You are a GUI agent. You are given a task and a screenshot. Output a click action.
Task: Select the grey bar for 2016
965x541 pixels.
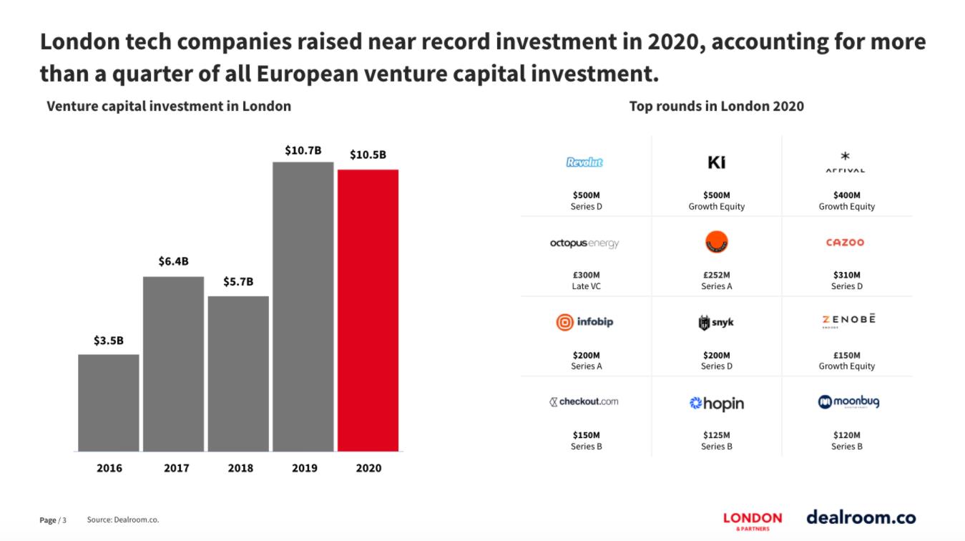click(108, 402)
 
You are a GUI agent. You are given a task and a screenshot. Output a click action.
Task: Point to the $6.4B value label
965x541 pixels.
click(174, 261)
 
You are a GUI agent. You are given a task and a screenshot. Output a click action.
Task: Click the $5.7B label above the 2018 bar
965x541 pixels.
click(238, 281)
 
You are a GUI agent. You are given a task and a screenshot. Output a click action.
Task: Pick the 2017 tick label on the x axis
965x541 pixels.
click(177, 468)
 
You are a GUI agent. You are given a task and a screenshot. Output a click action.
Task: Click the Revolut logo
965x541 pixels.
click(584, 162)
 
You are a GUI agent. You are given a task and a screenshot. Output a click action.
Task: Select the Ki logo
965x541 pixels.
click(716, 162)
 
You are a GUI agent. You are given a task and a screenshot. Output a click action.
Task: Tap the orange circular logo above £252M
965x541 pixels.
click(716, 243)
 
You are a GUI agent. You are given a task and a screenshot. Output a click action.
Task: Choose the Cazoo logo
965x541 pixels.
click(845, 243)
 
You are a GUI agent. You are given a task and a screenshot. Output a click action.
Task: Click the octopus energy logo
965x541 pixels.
click(584, 243)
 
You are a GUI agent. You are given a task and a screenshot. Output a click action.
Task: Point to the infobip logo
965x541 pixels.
click(584, 322)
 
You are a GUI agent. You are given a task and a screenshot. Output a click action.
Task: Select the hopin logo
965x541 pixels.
click(716, 404)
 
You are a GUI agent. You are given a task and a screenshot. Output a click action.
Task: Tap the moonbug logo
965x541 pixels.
click(848, 402)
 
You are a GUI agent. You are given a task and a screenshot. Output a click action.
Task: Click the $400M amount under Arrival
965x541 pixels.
click(847, 195)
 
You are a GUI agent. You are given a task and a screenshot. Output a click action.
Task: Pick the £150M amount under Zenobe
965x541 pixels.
click(847, 355)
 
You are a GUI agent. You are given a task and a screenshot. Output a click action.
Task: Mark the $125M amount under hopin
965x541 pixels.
click(716, 435)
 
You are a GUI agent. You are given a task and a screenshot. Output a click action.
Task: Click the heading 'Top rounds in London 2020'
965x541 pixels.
click(716, 107)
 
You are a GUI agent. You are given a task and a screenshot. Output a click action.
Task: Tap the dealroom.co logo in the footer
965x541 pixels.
click(861, 517)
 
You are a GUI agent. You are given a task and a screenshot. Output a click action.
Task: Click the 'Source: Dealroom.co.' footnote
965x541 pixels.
click(123, 520)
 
